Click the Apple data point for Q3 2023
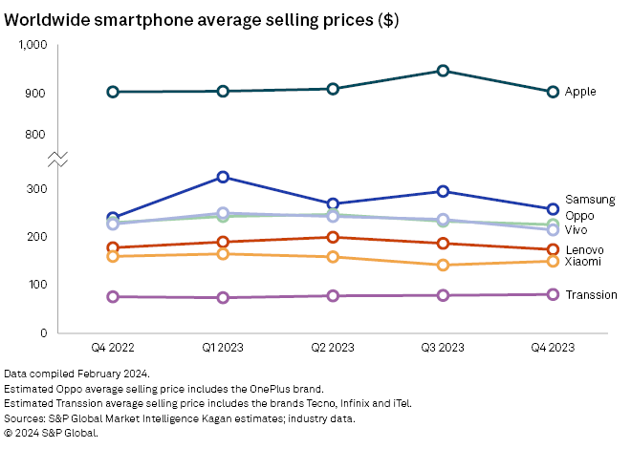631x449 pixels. click(443, 71)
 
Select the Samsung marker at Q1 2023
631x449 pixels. click(223, 177)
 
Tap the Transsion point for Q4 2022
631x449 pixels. click(113, 297)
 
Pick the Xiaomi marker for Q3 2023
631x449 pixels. click(443, 265)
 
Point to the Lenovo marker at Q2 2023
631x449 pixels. click(333, 237)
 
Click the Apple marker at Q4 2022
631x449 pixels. click(113, 92)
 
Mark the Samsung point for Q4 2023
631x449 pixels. click(553, 209)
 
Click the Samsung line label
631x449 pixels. click(588, 200)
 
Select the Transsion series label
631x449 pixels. click(591, 294)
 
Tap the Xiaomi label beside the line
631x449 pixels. click(583, 261)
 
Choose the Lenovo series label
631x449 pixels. click(584, 249)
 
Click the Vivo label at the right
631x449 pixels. click(577, 230)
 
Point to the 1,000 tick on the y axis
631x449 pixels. click(33, 45)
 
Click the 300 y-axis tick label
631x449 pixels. click(37, 189)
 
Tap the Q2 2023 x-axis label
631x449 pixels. click(333, 348)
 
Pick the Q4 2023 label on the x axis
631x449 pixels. click(553, 348)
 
